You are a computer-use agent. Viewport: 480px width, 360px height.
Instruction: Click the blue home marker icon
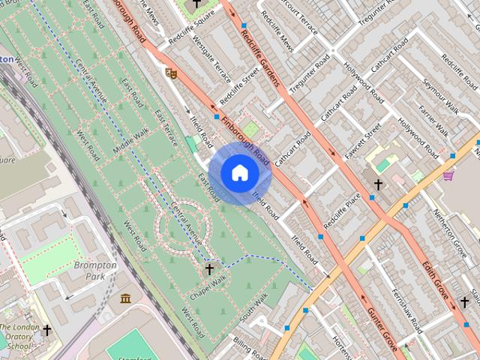pos(239,173)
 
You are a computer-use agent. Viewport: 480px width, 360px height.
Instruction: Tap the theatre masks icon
pos(171,73)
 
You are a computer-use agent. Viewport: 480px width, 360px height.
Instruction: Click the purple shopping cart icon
pos(448,175)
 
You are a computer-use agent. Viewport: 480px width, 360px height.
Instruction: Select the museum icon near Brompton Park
pos(125,298)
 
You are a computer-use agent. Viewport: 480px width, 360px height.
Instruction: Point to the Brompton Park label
pos(95,271)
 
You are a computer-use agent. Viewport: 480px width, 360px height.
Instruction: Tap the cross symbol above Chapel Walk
pos(209,268)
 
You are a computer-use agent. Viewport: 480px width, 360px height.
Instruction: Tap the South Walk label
pos(253,310)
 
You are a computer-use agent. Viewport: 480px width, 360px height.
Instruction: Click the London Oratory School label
pos(19,337)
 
